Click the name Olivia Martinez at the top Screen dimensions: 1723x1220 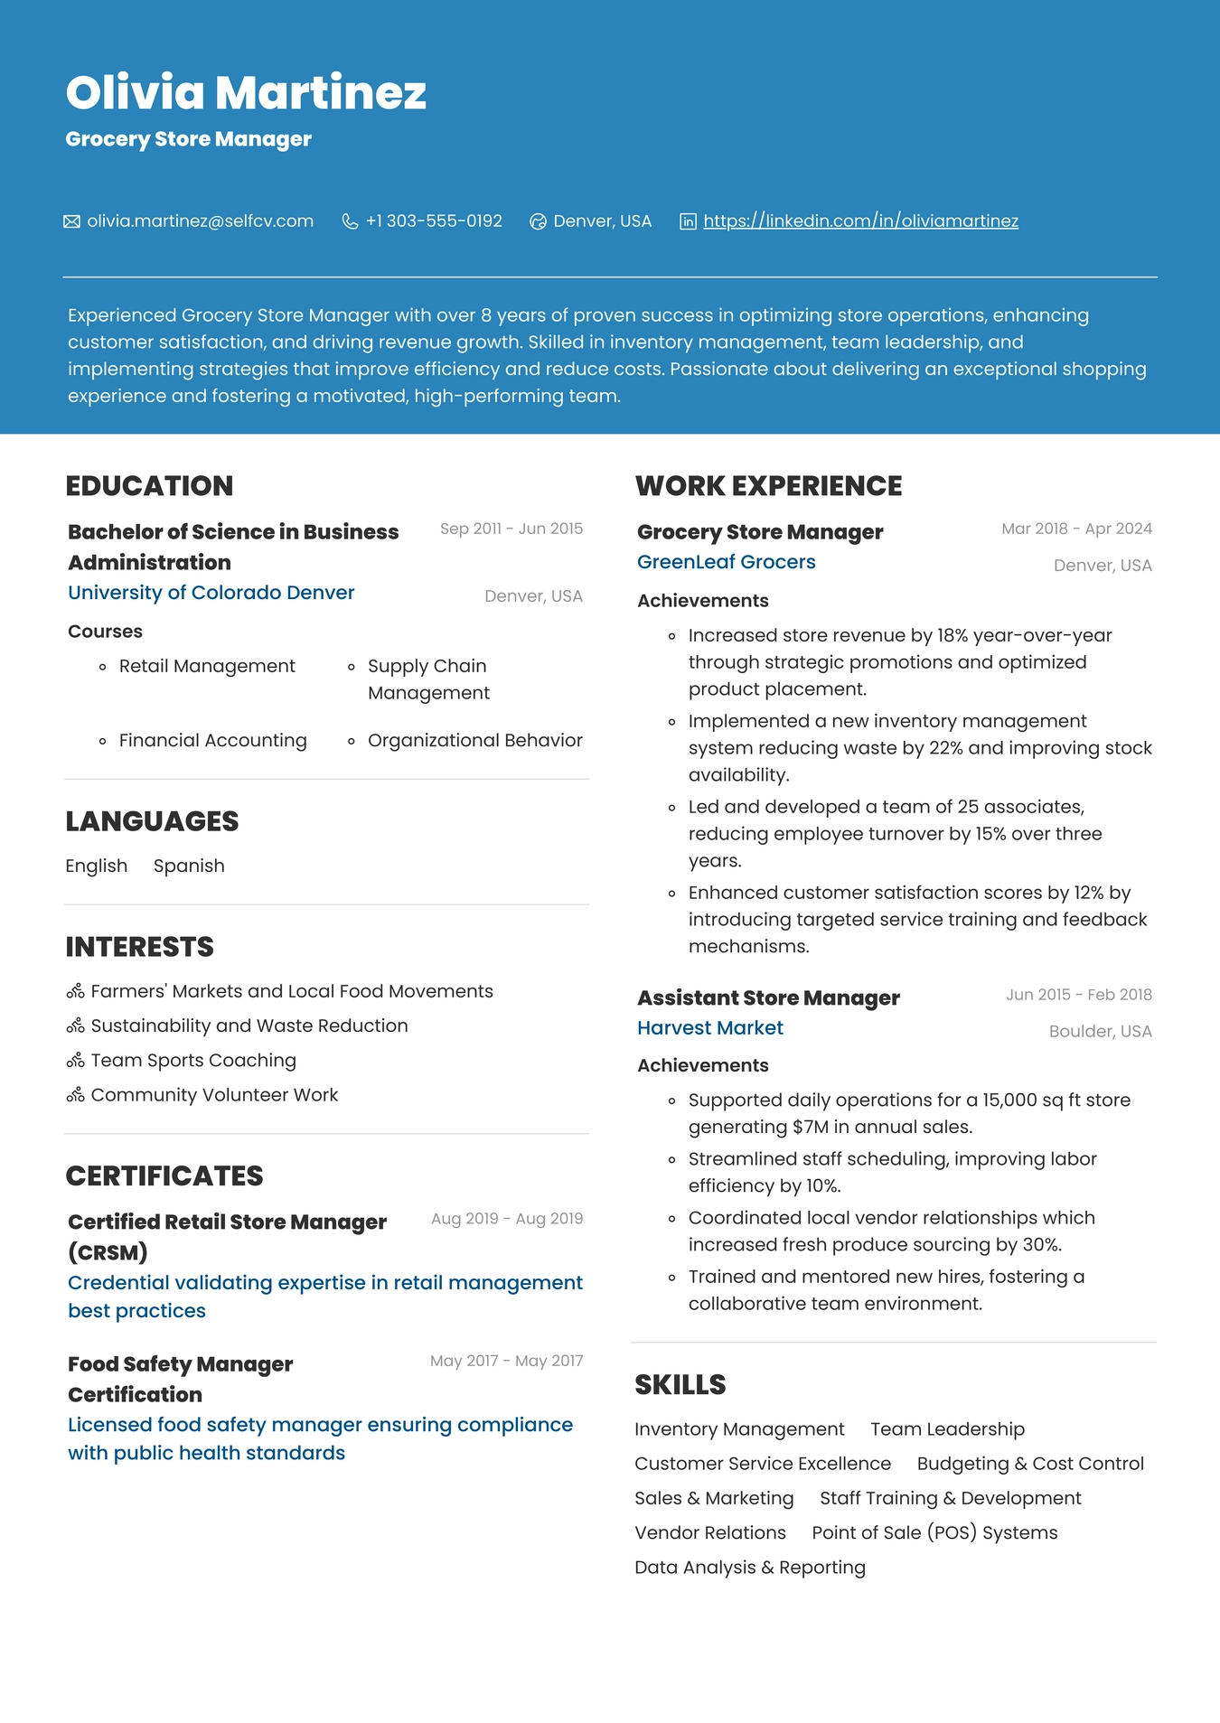point(246,92)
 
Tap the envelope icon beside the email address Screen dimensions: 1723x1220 point(71,221)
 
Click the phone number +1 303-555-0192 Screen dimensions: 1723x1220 point(434,221)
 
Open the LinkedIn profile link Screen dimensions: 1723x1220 point(860,221)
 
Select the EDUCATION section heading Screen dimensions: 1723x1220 point(149,486)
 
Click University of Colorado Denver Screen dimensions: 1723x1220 point(211,593)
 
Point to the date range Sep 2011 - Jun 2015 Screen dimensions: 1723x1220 point(511,529)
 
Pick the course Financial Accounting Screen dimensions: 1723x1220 point(212,741)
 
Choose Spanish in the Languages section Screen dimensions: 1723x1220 point(189,866)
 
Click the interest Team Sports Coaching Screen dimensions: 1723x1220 point(193,1061)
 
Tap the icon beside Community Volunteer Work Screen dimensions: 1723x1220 point(75,1095)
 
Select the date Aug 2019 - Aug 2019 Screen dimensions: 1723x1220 point(506,1219)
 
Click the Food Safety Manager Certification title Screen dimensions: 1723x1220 point(180,1379)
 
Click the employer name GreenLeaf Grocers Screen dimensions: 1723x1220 point(726,562)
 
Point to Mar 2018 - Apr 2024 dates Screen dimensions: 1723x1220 point(1076,529)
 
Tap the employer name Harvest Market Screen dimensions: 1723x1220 point(709,1028)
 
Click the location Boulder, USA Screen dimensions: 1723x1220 point(1100,1032)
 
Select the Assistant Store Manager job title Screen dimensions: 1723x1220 point(768,998)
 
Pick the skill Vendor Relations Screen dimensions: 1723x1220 point(709,1533)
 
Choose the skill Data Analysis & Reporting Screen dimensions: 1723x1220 point(749,1568)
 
